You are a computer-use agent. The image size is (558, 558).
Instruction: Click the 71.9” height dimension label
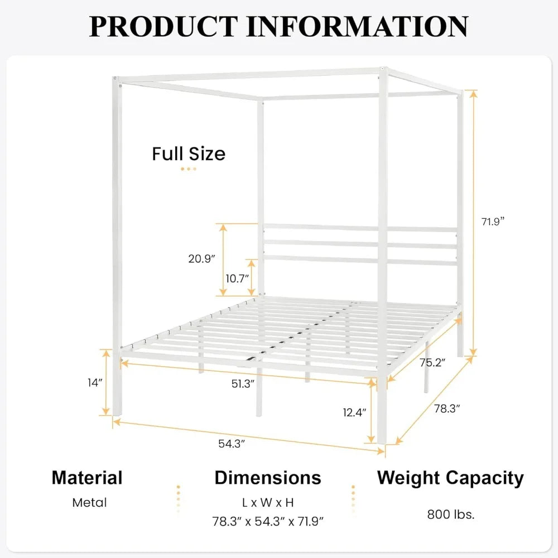coord(493,221)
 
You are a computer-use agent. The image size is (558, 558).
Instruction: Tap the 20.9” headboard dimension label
coord(201,258)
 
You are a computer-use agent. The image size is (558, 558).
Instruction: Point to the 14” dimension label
coord(95,383)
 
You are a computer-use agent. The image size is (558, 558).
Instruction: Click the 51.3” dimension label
coord(244,383)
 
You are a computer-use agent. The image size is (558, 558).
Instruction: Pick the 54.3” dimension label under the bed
coord(232,444)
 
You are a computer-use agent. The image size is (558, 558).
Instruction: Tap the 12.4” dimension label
coord(354,413)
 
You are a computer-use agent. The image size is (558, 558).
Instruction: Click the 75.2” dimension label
coord(433,363)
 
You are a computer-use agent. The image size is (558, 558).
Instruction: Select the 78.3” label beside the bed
coord(447,408)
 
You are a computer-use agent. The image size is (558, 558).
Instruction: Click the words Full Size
coord(189,153)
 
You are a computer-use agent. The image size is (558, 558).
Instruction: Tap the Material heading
coord(87,478)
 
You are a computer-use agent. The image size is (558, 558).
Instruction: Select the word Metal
coord(89,502)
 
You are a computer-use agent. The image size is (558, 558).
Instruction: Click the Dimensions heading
coord(268,478)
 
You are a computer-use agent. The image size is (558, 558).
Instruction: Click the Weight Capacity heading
coord(450,478)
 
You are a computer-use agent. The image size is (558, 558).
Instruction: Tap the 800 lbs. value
coord(451,514)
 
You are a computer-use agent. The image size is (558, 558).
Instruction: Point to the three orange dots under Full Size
coord(189,169)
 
